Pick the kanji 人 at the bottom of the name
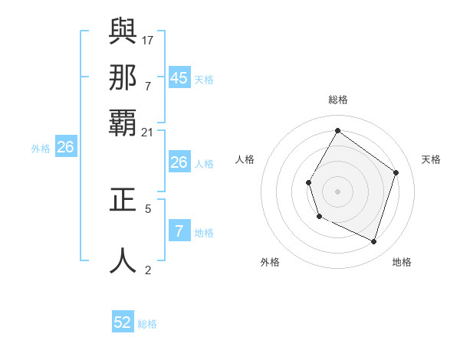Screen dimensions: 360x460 click(123, 260)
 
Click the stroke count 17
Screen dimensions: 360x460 click(148, 39)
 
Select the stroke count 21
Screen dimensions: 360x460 click(148, 133)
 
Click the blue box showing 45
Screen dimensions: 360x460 click(179, 77)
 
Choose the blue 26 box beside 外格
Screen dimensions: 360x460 click(65, 147)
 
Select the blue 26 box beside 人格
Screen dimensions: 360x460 click(179, 162)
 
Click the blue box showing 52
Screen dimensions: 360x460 click(123, 322)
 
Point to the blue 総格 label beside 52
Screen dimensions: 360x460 click(147, 324)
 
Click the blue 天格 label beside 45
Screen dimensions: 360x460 click(204, 80)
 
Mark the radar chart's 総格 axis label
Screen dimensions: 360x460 click(338, 100)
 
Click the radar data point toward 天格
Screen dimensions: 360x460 click(396, 172)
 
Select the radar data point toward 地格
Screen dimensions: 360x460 click(374, 242)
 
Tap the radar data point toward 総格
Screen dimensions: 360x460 click(337, 130)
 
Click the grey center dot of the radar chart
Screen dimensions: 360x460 click(338, 191)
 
